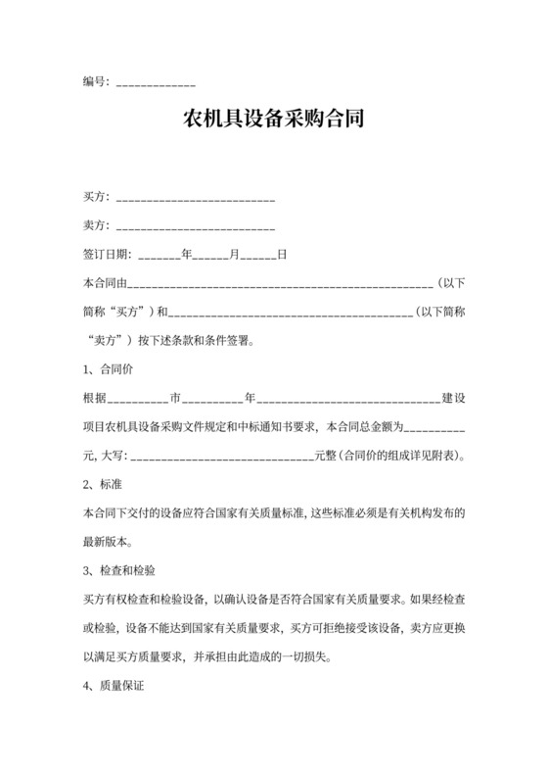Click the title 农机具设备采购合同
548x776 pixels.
coord(274,121)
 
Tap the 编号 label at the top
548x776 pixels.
coord(95,81)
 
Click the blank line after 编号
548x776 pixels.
coord(156,83)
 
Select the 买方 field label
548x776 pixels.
coord(95,198)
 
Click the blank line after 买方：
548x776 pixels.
coord(196,200)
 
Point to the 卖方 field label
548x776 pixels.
coord(95,225)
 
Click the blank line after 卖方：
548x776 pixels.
coord(196,227)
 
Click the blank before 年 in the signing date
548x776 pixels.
coord(160,257)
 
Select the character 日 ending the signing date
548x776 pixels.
coord(282,255)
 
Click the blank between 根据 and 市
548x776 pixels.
coord(136,401)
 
